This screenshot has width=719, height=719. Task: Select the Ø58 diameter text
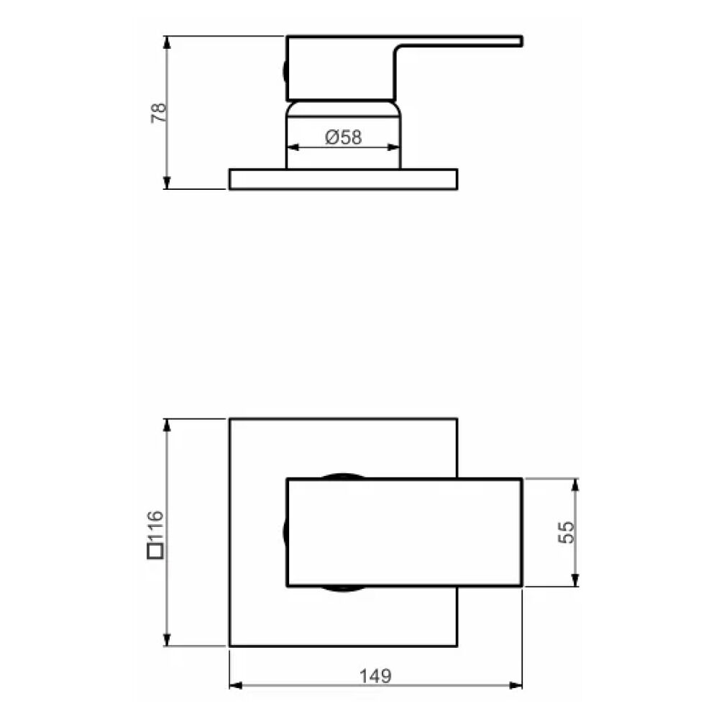click(343, 137)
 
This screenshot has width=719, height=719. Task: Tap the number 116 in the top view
click(156, 528)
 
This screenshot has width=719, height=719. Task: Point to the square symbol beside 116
click(155, 552)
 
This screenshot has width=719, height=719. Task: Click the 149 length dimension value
click(375, 676)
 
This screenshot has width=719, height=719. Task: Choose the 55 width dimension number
click(567, 532)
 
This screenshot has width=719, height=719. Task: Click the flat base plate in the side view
click(343, 179)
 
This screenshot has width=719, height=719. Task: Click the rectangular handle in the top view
click(404, 532)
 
